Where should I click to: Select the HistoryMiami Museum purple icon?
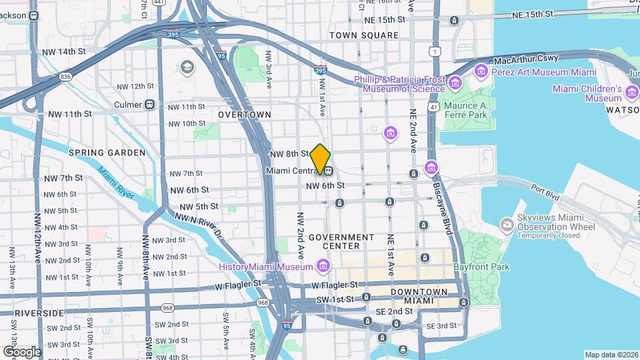[323, 267]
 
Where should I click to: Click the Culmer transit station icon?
[150, 105]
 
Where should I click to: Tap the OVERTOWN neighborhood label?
[245, 115]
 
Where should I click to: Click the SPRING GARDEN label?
[107, 153]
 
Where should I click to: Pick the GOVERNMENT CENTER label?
[341, 241]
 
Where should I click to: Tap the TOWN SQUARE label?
[363, 35]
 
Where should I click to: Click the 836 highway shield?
[65, 77]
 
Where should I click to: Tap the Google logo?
[22, 351]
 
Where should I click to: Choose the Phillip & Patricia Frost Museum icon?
[455, 83]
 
